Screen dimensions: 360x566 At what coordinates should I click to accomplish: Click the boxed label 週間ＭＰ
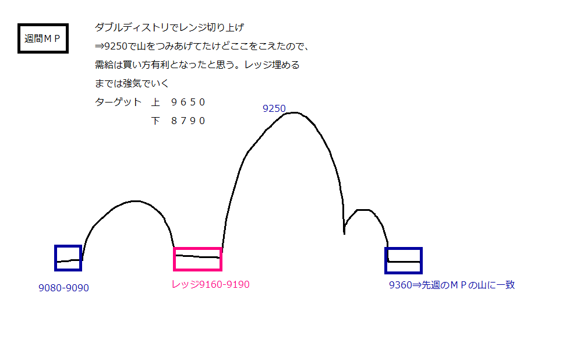(x=43, y=39)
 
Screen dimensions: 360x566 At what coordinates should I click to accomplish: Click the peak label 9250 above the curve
(x=274, y=108)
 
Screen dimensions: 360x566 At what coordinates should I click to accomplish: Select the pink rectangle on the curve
(x=198, y=259)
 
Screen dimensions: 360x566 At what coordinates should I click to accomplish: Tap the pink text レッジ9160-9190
(x=210, y=285)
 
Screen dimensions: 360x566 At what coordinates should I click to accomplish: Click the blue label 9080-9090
(x=63, y=288)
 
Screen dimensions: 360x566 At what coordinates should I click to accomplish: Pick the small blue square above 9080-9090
(x=68, y=258)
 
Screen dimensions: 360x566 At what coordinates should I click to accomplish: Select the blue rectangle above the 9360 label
(x=403, y=260)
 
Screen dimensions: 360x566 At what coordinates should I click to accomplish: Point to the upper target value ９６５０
(x=188, y=103)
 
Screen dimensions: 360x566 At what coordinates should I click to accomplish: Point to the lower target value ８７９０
(x=188, y=121)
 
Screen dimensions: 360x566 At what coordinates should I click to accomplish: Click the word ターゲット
(x=118, y=103)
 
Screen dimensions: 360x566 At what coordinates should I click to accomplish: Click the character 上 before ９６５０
(x=155, y=103)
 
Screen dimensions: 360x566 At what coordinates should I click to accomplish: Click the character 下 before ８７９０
(x=155, y=121)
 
